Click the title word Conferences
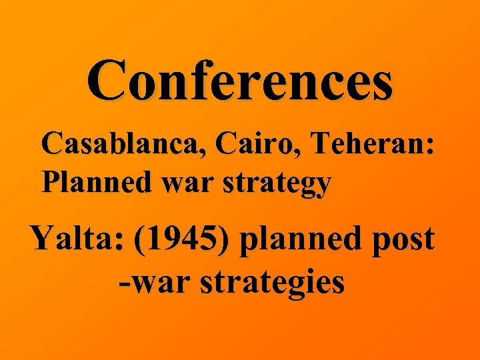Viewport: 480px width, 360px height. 239,81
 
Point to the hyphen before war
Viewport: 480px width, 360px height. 124,283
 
